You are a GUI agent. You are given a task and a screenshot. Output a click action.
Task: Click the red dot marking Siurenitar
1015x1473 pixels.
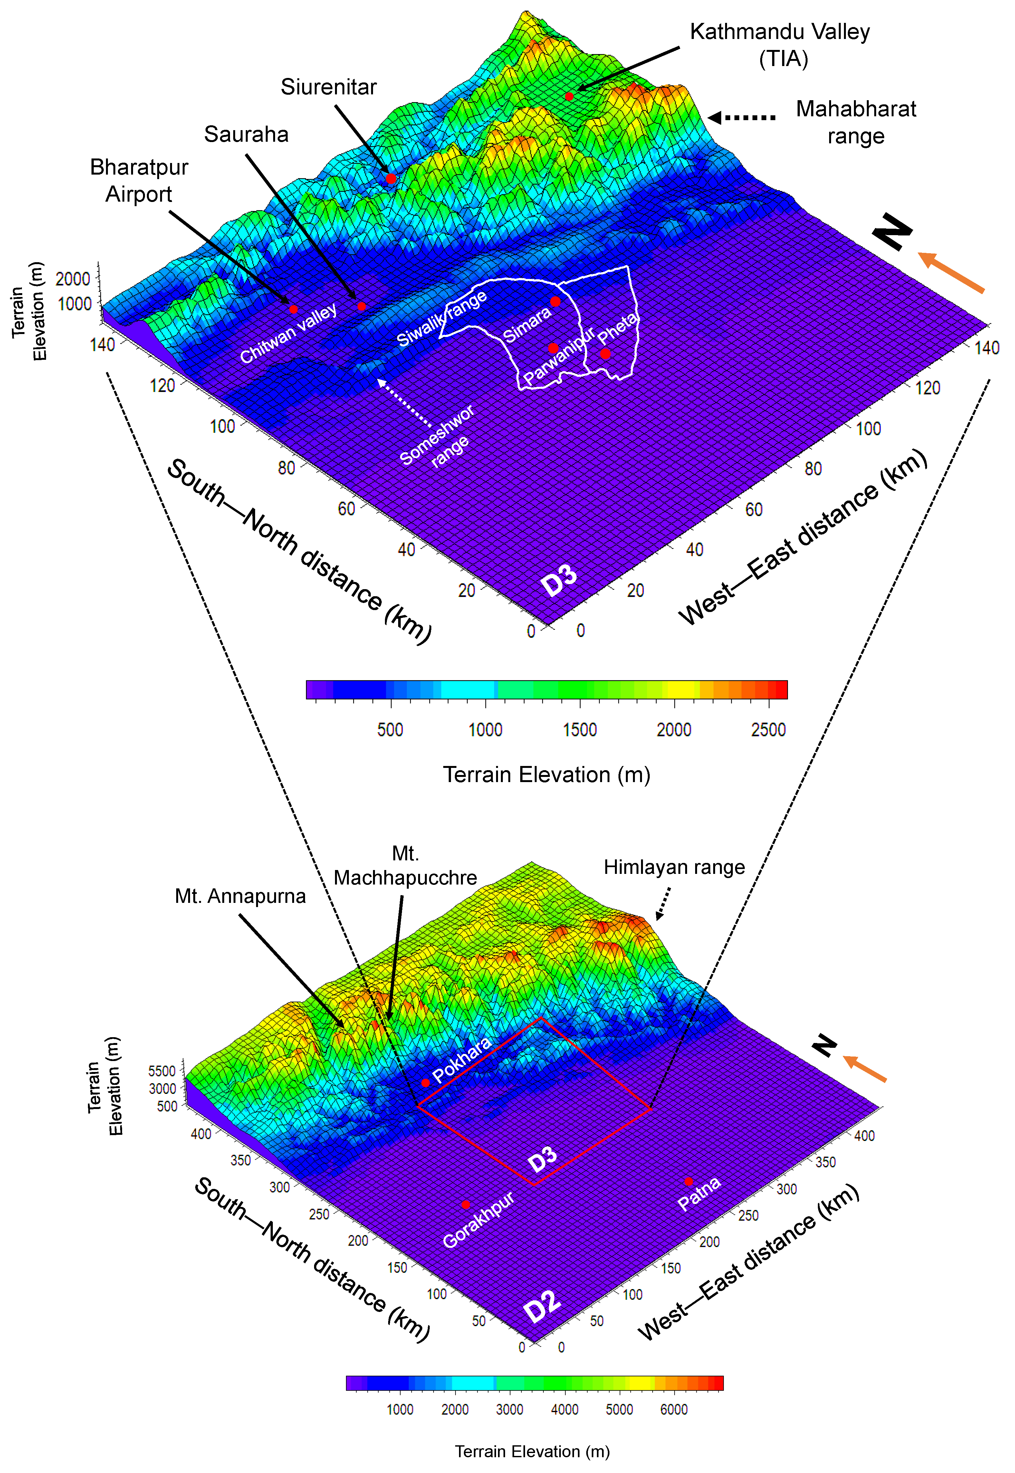(x=391, y=179)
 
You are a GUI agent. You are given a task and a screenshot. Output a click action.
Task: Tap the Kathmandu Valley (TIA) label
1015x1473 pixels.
(x=780, y=44)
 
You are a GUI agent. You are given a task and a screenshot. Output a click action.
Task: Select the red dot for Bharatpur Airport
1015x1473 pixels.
(x=293, y=309)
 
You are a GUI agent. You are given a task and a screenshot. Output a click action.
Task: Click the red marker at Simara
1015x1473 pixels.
(x=555, y=301)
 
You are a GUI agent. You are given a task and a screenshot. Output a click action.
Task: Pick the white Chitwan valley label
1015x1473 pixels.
(x=288, y=333)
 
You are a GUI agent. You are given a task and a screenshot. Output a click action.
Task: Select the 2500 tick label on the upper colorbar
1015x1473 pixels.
(x=768, y=730)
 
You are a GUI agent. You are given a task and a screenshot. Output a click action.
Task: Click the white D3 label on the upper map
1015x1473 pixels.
(x=559, y=580)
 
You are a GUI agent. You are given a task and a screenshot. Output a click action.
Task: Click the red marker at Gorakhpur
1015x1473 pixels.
(x=465, y=1205)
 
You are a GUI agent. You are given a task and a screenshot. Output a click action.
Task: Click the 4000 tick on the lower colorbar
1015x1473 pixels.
(x=564, y=1410)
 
